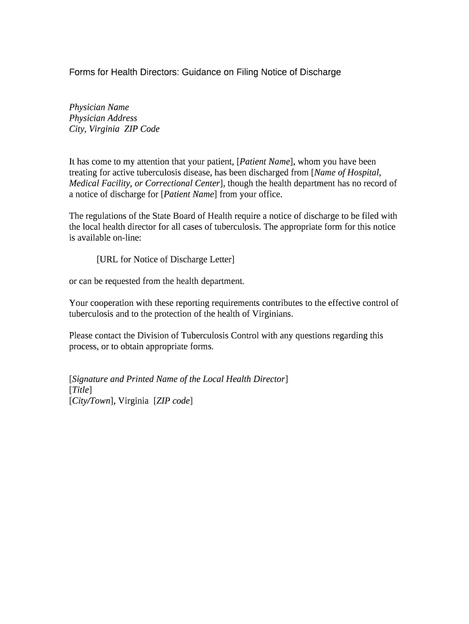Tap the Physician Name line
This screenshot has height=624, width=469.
point(99,107)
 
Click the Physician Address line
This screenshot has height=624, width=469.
point(103,118)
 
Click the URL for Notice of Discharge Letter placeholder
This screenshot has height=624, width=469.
point(165,260)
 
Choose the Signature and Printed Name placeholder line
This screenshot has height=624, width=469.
point(178,379)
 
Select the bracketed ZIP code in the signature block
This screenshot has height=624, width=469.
point(173,401)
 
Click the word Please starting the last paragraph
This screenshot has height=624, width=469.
point(82,336)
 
